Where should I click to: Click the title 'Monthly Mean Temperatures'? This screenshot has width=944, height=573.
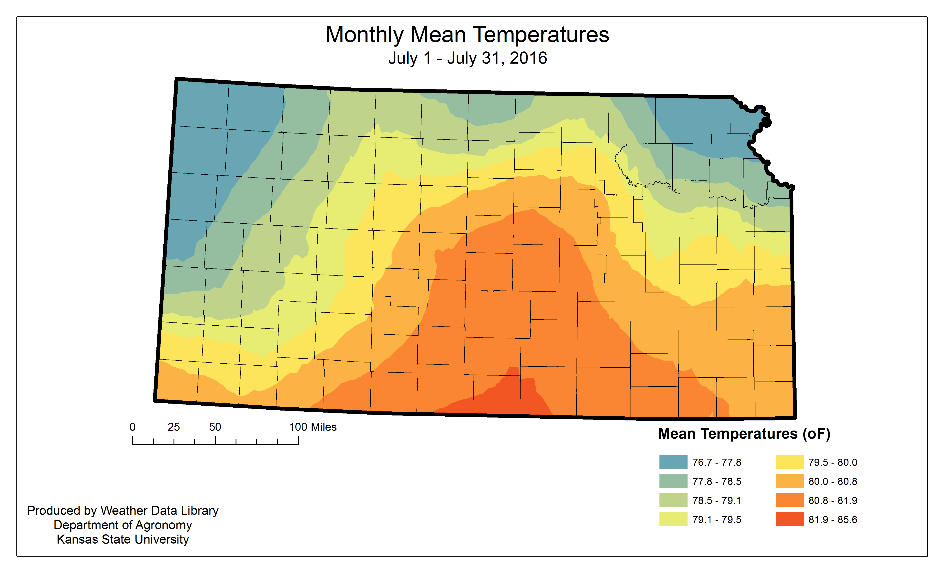[467, 35]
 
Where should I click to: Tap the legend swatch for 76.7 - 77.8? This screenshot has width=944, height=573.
[673, 462]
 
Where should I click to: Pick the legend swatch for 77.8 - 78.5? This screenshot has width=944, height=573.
[673, 481]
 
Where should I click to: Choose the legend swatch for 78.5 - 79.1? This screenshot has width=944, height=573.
[673, 500]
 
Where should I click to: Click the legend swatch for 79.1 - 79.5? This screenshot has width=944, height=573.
[673, 519]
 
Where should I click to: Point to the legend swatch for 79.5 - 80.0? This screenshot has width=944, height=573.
[789, 462]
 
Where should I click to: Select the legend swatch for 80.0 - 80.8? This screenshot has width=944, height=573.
[789, 481]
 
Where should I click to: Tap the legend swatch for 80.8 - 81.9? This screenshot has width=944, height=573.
[789, 500]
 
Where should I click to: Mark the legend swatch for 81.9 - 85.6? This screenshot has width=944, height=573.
[789, 519]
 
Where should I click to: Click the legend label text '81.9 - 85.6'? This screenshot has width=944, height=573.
[833, 520]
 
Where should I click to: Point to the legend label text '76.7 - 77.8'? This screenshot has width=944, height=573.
[717, 462]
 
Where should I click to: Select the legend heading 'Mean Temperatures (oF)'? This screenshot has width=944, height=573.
[744, 434]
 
